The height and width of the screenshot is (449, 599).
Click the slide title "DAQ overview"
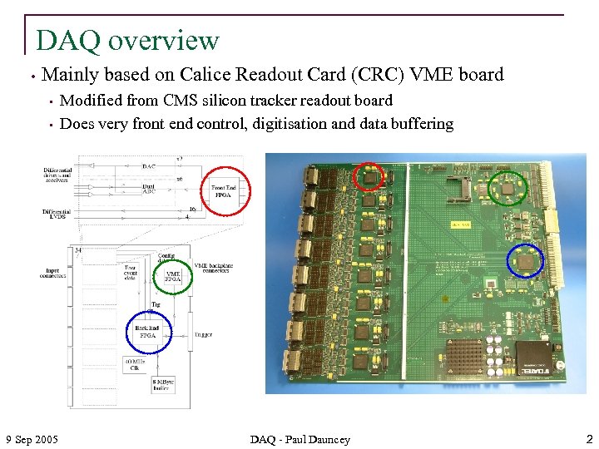coord(127,40)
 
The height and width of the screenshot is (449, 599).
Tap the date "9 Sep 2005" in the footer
coord(32,438)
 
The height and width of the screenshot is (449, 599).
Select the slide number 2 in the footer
coord(588,438)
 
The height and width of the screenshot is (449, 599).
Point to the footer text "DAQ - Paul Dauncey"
coord(300,439)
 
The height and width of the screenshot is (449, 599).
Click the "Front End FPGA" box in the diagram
coord(224,191)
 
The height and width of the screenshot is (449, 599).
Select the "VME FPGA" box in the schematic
coord(172,275)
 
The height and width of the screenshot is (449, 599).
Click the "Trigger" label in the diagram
coord(203,335)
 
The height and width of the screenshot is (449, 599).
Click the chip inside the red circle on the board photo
coord(369,177)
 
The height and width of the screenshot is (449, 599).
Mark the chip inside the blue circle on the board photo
coord(525,261)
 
